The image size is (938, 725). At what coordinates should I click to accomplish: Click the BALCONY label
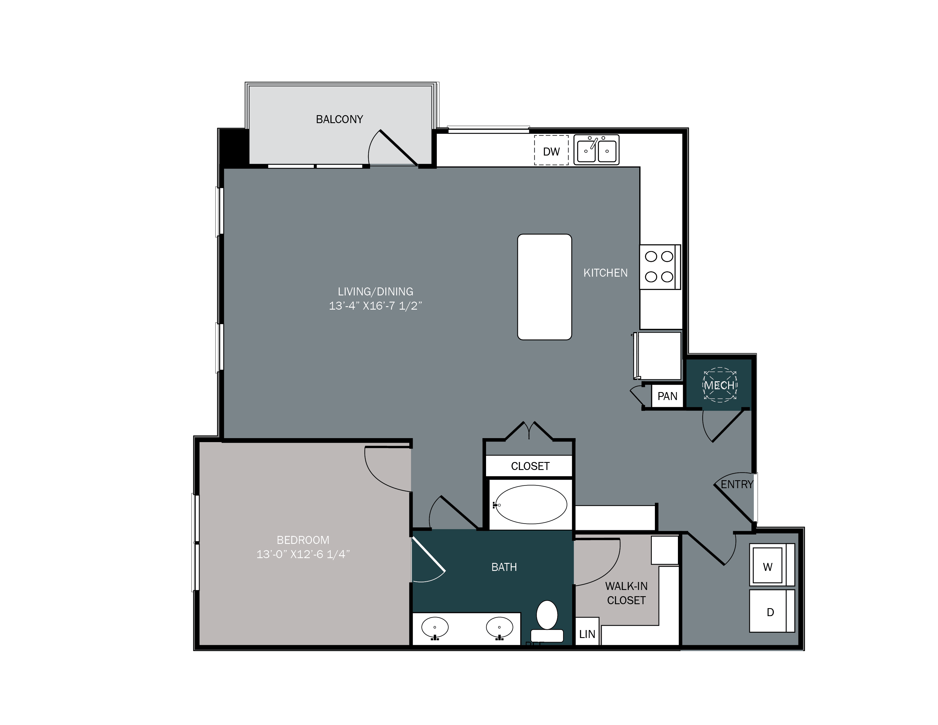(x=339, y=119)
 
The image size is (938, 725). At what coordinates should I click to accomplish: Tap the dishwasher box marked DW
(x=551, y=151)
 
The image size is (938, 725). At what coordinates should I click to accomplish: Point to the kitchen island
(x=544, y=287)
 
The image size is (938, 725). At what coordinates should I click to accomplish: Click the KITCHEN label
(x=605, y=273)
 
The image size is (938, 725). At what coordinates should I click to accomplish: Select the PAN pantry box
(x=667, y=396)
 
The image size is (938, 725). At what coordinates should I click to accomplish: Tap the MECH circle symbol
(x=720, y=385)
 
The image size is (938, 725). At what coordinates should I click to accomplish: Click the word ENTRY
(x=736, y=484)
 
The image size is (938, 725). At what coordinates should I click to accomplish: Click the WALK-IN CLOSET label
(x=626, y=593)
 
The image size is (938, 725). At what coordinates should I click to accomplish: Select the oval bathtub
(x=531, y=505)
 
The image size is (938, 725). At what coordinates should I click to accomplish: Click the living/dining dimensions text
(x=375, y=306)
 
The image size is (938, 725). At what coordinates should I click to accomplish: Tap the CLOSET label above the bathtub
(x=530, y=466)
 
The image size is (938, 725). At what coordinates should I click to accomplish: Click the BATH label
(x=504, y=567)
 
